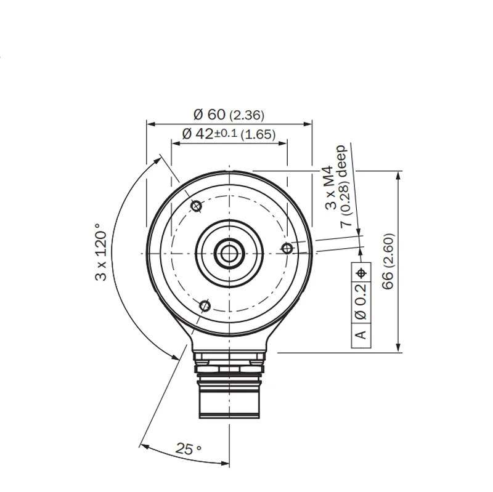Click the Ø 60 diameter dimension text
(210, 115)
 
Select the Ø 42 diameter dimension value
(198, 134)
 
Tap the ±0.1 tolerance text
(226, 133)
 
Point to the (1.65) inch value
(258, 135)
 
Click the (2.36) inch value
(247, 116)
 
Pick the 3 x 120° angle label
(101, 252)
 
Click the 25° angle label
(188, 449)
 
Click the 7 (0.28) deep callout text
(343, 186)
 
